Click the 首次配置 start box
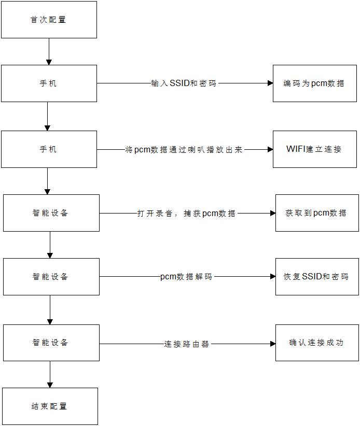pos(49,20)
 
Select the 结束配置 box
pos(50,406)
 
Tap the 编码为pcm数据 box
pos(314,83)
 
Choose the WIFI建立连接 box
pos(314,149)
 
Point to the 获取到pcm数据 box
pos(316,213)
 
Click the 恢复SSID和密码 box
pos(316,277)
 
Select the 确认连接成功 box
pos(316,343)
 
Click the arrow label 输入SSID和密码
pos(184,83)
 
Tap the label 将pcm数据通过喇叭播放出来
pos(184,149)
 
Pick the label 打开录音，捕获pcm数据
pos(186,213)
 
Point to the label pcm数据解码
pos(186,277)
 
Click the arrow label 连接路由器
pos(187,343)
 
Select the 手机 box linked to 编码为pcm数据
pos(49,83)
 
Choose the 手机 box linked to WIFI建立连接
pos(49,149)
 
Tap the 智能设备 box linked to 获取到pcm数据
pos(51,213)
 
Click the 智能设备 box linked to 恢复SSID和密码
pos(51,277)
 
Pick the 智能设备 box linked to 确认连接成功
pos(51,343)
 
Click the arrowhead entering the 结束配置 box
pos(50,385)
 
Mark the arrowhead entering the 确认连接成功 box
pos(272,343)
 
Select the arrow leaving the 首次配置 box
pos(49,51)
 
